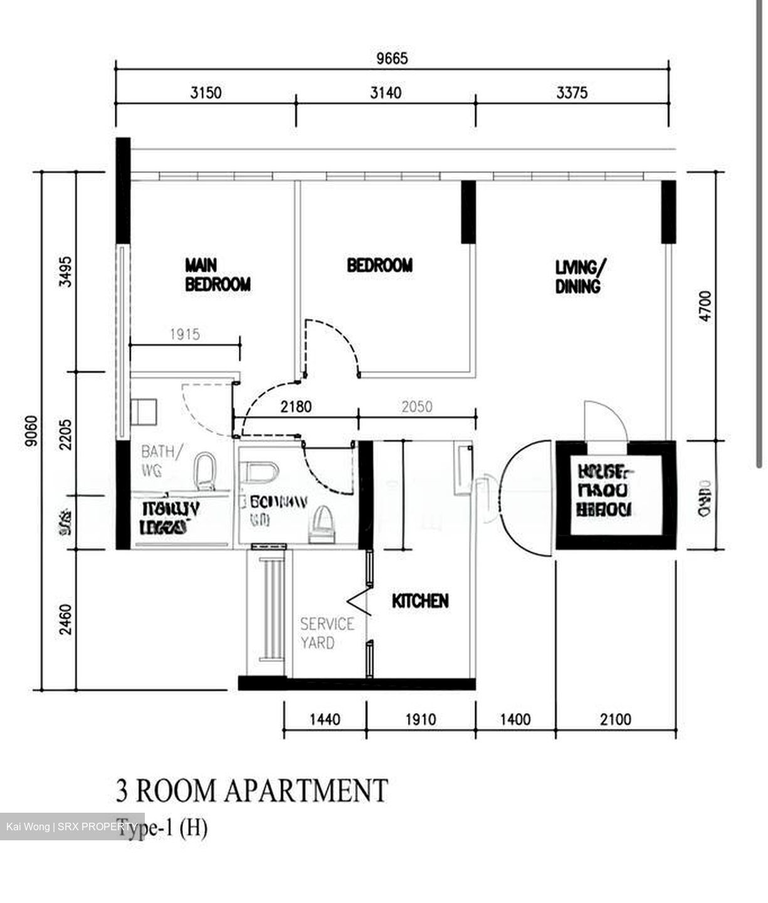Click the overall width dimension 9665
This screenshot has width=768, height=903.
tap(392, 58)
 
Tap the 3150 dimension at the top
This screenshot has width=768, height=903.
tap(206, 93)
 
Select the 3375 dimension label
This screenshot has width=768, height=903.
tap(572, 93)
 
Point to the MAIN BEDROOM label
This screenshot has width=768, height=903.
tap(217, 274)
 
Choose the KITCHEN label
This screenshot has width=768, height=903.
tap(420, 601)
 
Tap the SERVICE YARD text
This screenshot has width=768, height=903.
tap(326, 633)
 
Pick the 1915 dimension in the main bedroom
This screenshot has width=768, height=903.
tap(184, 334)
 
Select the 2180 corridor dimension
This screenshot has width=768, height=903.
tap(296, 407)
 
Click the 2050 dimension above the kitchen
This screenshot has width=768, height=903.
tap(416, 407)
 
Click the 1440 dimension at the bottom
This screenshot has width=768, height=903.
tap(325, 719)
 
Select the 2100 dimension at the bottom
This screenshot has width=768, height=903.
tap(615, 719)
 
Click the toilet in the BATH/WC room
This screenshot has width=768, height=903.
tap(204, 472)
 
